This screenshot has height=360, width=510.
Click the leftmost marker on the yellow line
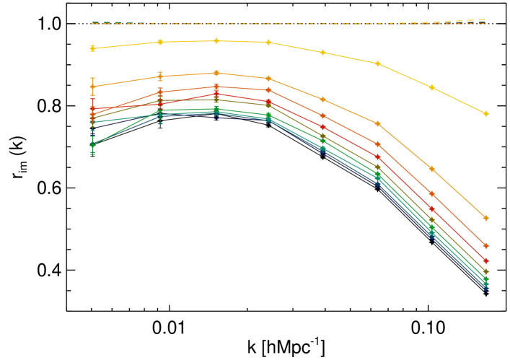[92, 48]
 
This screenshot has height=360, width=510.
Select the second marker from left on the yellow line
[160, 42]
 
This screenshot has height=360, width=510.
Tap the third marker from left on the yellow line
[216, 41]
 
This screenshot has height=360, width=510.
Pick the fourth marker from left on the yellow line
[268, 43]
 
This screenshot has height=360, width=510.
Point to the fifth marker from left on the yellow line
[322, 53]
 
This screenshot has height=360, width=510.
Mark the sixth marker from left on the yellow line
[377, 63]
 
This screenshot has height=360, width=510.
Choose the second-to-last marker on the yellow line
[431, 87]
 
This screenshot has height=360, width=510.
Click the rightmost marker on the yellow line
[485, 114]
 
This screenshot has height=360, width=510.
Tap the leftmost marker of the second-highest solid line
[92, 87]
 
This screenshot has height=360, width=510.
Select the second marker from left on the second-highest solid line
[160, 76]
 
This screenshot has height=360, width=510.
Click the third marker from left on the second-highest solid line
[216, 73]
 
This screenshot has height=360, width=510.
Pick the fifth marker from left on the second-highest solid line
[322, 100]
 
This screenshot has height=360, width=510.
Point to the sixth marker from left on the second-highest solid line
[377, 123]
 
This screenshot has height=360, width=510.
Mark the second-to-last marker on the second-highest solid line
[431, 169]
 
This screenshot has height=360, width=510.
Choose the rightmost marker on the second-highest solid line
[485, 217]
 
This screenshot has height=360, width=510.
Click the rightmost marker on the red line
[485, 261]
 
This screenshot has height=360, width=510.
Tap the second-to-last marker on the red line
[431, 209]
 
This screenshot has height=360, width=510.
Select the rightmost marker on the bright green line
[485, 278]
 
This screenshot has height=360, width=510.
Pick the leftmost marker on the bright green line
[92, 145]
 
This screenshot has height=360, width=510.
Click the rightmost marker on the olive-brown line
[485, 271]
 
